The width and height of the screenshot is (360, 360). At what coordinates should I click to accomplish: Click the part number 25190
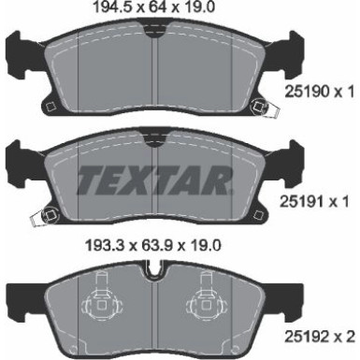(x=304, y=94)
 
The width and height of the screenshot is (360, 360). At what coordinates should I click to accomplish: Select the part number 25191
(x=304, y=202)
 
